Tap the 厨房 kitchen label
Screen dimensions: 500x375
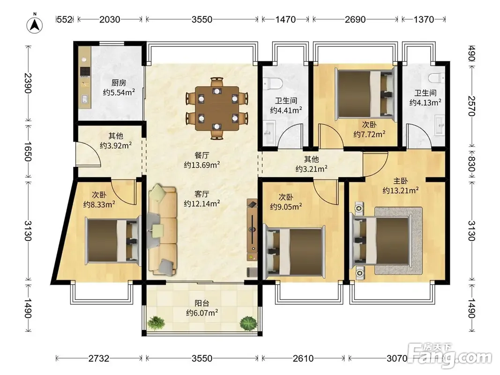(x=119, y=83)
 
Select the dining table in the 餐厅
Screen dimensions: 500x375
(x=217, y=108)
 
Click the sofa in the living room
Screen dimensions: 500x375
(x=163, y=231)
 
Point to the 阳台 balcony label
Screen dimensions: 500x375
(x=202, y=303)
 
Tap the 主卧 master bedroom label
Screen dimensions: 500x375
(x=401, y=181)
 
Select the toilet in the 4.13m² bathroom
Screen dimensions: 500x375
(x=436, y=78)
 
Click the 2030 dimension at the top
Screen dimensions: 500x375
(x=110, y=19)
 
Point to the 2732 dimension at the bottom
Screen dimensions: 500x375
(x=99, y=359)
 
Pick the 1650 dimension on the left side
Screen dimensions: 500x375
(x=28, y=151)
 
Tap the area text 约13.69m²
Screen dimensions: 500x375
(x=202, y=165)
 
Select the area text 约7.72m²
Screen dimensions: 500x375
(x=369, y=134)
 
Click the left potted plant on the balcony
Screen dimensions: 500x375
(x=156, y=322)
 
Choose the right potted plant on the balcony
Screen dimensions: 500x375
(x=248, y=323)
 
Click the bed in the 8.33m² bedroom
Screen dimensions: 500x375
(x=113, y=241)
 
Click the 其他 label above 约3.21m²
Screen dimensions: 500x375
(x=311, y=159)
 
